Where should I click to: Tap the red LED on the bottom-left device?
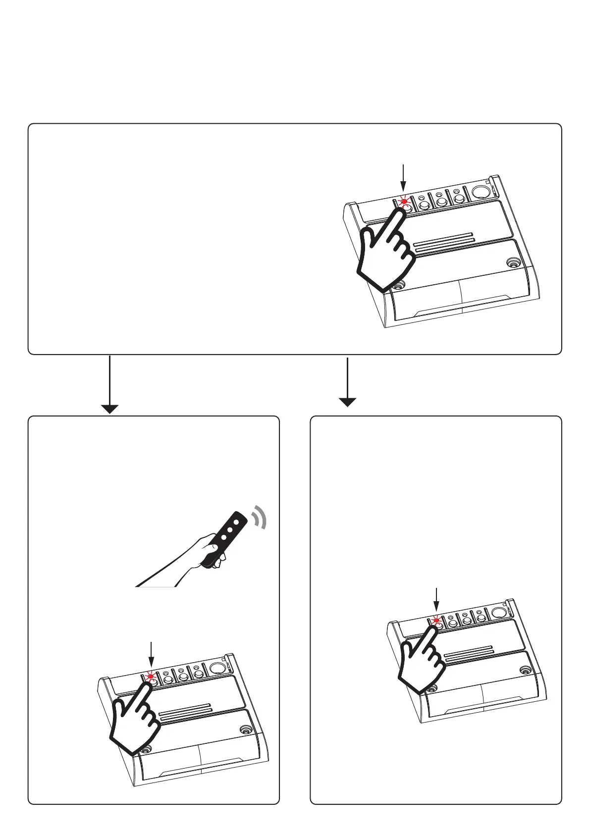[151, 677]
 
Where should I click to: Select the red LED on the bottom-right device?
[436, 620]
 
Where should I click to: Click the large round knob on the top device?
[479, 192]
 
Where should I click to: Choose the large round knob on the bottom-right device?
[498, 613]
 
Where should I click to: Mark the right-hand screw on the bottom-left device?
[245, 730]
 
